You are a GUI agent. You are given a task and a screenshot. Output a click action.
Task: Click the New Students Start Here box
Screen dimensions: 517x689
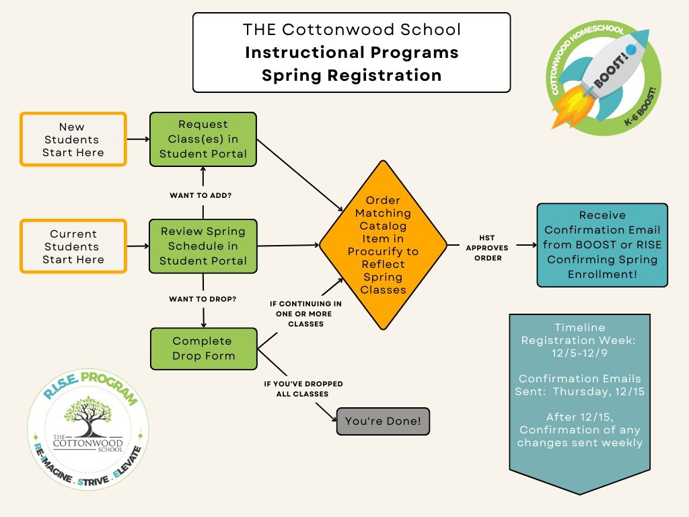[73, 139]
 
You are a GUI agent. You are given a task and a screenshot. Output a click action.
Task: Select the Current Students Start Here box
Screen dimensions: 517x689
[73, 246]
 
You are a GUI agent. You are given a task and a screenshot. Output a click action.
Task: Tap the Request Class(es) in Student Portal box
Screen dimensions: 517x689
[203, 139]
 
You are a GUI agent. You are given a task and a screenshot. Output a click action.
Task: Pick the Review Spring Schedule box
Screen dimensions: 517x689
[203, 246]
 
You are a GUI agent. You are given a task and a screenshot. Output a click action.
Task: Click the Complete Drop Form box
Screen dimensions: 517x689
[203, 348]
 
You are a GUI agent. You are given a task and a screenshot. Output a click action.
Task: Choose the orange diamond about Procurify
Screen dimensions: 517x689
[383, 245]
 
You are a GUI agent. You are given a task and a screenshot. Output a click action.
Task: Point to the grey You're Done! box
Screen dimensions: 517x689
[382, 421]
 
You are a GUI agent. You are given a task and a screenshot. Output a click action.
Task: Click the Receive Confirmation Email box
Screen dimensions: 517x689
[602, 245]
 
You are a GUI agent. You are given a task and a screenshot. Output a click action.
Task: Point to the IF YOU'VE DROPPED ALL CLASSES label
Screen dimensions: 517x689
[303, 388]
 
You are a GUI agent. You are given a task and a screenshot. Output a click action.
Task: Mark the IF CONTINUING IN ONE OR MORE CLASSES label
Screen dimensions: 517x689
[301, 314]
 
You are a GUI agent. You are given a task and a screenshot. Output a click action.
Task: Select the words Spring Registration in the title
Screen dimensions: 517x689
[351, 75]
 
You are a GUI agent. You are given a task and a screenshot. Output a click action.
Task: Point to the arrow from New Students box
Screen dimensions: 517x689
[137, 139]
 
